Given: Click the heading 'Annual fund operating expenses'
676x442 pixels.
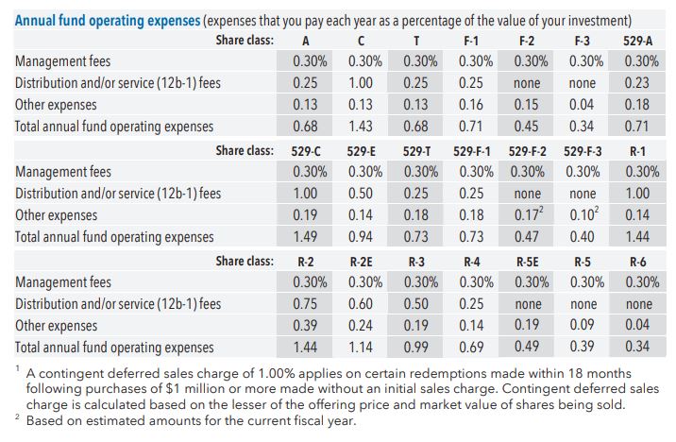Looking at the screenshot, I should [x=93, y=20].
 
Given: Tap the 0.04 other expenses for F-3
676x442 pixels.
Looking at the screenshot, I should [x=585, y=104].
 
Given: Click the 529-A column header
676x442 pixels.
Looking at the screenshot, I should [x=641, y=41].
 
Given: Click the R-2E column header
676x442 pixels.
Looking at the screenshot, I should [x=361, y=260].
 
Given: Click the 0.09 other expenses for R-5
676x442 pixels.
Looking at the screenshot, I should [x=585, y=325].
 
